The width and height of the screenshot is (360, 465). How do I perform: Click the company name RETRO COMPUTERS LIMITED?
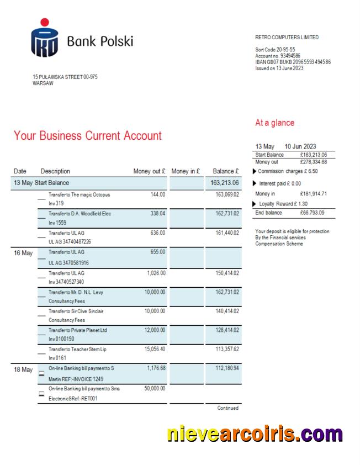coord(287,38)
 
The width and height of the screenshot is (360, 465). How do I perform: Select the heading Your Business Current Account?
coord(88,135)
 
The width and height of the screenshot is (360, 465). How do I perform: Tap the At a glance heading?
coord(274,123)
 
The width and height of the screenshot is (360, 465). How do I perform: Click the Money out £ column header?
coord(150,171)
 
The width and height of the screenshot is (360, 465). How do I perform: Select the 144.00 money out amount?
coord(158,194)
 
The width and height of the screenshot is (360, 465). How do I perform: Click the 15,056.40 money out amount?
coord(154,349)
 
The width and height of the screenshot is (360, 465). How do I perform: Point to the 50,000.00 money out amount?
coord(154,388)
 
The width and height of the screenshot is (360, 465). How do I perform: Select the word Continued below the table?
coord(227,408)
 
